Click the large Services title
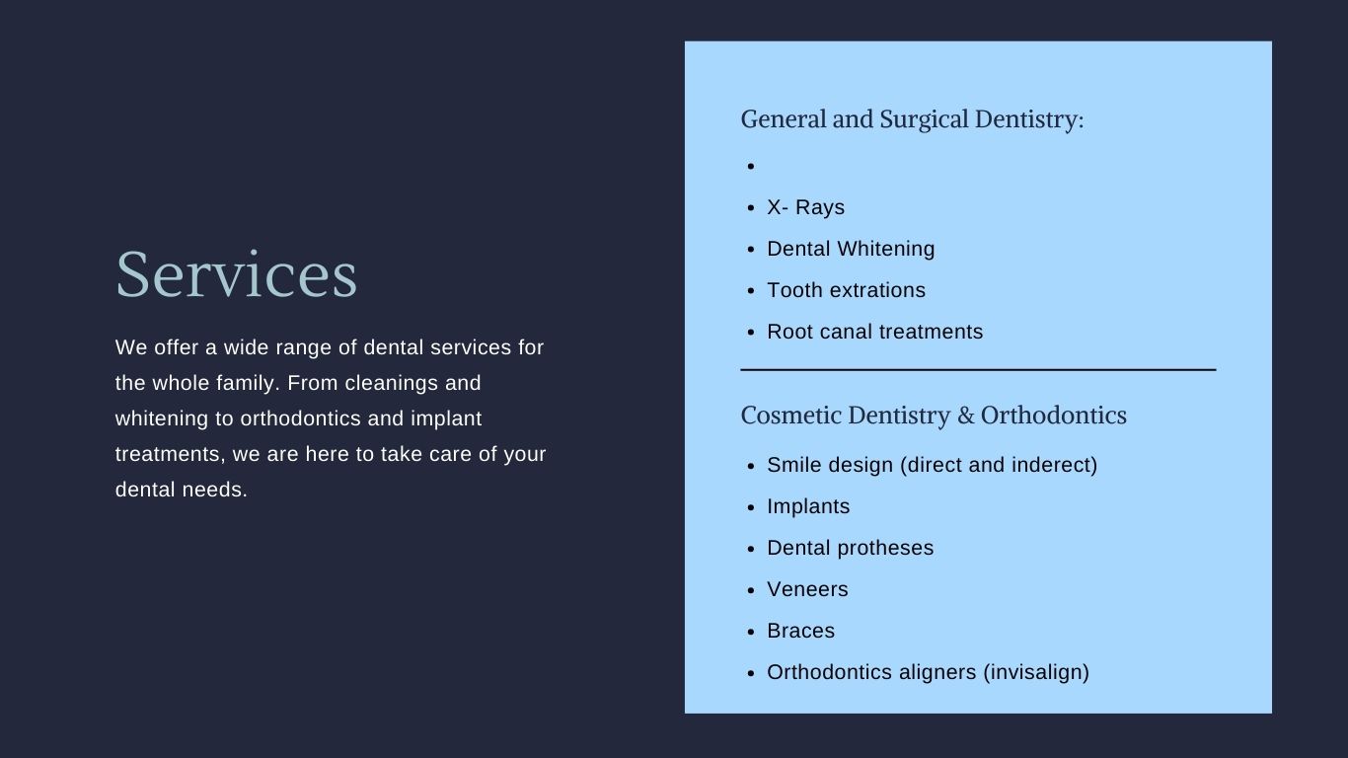(x=237, y=274)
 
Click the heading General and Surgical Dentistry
(x=912, y=119)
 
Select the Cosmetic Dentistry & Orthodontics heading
(x=934, y=416)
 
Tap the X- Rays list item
(x=805, y=207)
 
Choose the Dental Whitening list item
(x=851, y=249)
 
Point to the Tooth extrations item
(x=846, y=290)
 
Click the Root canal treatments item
(x=874, y=332)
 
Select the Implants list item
(x=807, y=507)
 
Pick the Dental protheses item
(x=850, y=549)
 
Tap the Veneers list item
(x=807, y=589)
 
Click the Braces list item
(x=800, y=631)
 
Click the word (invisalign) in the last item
(x=1036, y=672)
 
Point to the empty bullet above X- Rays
(x=750, y=166)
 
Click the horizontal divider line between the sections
(x=978, y=370)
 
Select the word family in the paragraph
(x=248, y=384)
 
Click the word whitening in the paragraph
(x=161, y=419)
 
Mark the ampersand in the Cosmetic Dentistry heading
(x=965, y=416)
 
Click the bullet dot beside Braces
(x=750, y=632)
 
